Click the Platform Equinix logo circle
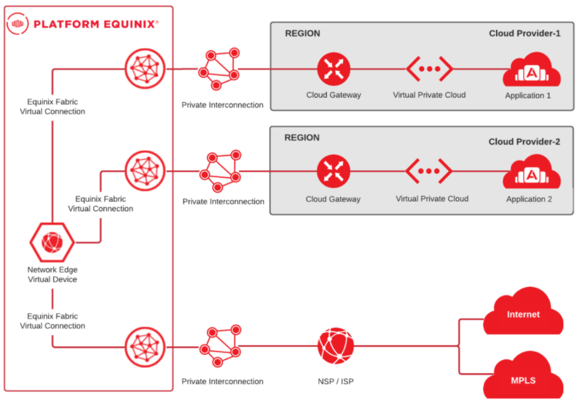coord(18,23)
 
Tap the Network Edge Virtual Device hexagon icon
coord(52,242)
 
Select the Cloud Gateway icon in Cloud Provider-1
coord(334,69)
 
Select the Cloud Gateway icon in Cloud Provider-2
coord(333,171)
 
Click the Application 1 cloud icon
coord(532,70)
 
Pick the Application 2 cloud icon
coord(532,173)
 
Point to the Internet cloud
coord(523,311)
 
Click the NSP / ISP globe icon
coord(335,346)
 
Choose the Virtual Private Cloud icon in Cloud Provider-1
coord(429,69)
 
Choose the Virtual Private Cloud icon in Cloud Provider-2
coord(428,171)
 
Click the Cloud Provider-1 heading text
coord(525,34)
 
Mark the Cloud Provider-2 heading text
coord(524,141)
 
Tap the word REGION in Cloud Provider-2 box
coord(302,137)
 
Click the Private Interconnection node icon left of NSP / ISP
coord(220,346)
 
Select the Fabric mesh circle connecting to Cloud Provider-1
coord(145,68)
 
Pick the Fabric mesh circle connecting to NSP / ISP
coord(145,347)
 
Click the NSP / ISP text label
coord(335,381)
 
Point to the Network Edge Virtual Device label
coord(52,275)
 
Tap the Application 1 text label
coord(528,96)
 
